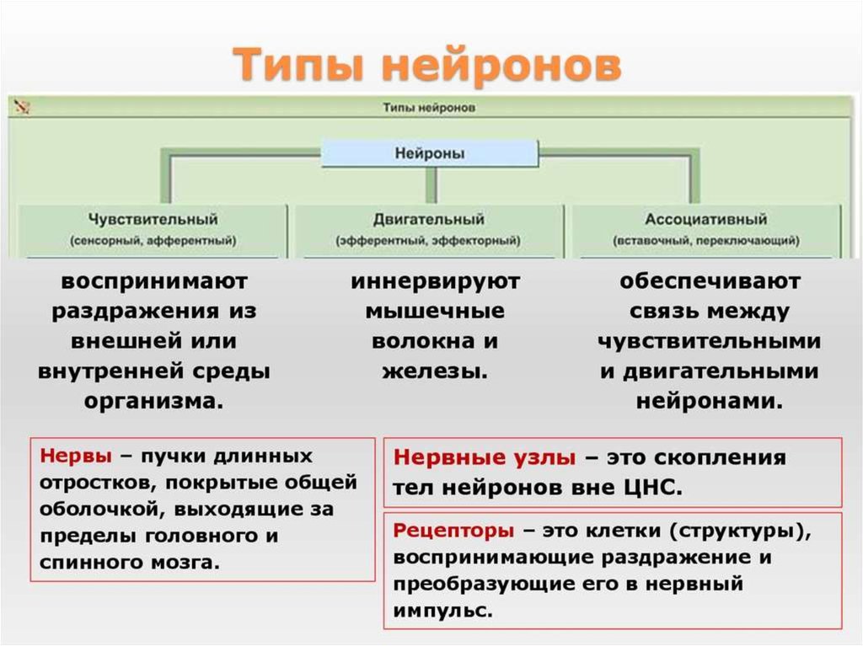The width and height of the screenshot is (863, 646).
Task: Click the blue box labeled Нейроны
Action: tap(429, 153)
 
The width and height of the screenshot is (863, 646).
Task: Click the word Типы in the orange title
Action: tap(298, 65)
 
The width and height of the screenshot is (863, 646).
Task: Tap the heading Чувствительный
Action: tap(153, 219)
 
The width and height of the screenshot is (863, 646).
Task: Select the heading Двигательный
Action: tap(429, 219)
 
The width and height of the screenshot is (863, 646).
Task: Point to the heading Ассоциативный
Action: tap(706, 219)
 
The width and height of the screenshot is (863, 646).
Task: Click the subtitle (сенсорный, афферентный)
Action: tap(153, 241)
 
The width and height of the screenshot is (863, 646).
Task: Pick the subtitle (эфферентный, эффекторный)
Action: tap(428, 241)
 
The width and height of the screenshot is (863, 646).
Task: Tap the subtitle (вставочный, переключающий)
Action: tap(706, 241)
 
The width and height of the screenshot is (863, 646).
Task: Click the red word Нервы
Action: tap(76, 456)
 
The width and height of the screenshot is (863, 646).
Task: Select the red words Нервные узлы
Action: tap(485, 458)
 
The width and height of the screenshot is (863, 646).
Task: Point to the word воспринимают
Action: tap(154, 282)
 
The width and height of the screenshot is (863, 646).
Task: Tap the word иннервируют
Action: tap(435, 282)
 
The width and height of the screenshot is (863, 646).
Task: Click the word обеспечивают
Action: tap(710, 282)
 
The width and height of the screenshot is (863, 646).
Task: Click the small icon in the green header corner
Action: tap(22, 106)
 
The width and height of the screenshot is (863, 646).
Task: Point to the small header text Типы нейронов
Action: tap(429, 107)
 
